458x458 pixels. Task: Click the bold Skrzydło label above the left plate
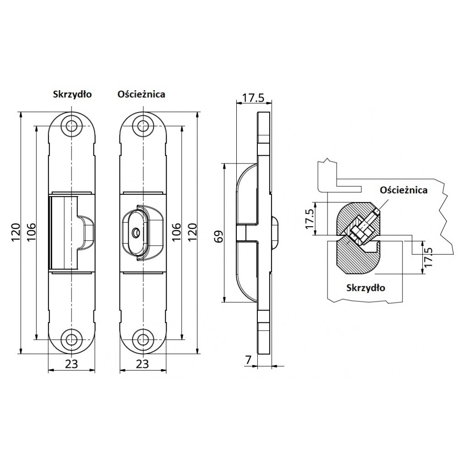72,94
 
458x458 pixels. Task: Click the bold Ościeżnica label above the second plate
141,94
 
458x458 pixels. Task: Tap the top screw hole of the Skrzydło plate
71,126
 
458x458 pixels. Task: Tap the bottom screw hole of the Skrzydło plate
71,339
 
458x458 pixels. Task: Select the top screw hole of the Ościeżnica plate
143,126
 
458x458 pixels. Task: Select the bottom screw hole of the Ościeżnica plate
143,339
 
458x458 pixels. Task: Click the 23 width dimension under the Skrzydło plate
71,364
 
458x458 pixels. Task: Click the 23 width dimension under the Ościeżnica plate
142,364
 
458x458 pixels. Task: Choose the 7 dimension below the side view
248,360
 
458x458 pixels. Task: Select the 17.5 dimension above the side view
253,98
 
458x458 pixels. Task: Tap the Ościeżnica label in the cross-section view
403,190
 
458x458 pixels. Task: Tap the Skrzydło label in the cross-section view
365,288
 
